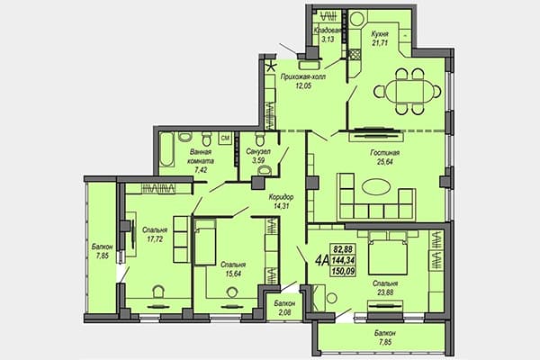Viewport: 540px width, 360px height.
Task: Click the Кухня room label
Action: (x=380, y=34)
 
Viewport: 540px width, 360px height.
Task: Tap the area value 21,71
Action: (x=380, y=42)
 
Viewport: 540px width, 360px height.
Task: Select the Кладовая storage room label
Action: (x=328, y=30)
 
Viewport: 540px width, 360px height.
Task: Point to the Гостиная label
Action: (x=384, y=153)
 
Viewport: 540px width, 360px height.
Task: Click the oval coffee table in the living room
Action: (x=376, y=187)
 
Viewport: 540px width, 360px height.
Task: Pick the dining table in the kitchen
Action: (x=408, y=92)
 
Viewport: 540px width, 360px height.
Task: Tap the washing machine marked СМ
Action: (x=225, y=138)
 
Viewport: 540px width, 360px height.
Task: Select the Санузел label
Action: (x=258, y=151)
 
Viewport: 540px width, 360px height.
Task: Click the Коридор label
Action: (x=281, y=197)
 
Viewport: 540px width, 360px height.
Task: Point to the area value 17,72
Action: (x=155, y=238)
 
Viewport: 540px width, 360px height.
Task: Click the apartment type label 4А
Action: (x=321, y=261)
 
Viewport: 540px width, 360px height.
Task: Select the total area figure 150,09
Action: (x=343, y=271)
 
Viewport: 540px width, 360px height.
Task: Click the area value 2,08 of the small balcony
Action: (x=284, y=313)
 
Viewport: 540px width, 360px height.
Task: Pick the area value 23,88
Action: (x=385, y=292)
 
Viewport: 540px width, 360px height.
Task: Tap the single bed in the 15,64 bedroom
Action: (x=205, y=243)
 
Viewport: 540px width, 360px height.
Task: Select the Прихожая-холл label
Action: (x=302, y=76)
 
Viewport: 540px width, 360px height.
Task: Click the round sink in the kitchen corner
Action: (x=356, y=19)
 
